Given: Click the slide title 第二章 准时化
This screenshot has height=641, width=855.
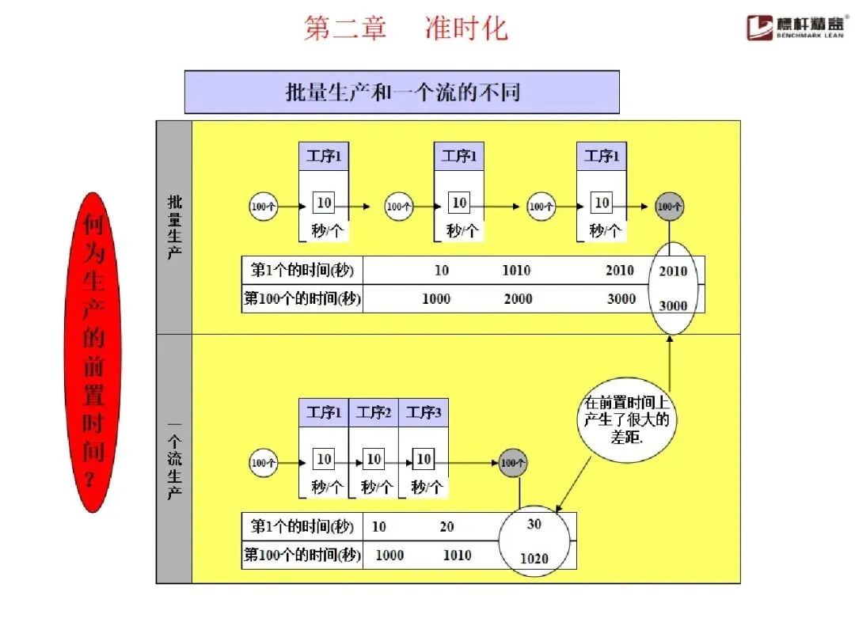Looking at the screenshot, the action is click(x=405, y=28).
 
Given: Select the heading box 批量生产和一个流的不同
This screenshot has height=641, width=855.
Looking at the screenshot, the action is click(x=401, y=92).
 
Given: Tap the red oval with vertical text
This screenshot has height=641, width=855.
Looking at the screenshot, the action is click(x=93, y=351).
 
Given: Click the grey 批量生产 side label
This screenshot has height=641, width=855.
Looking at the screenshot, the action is click(x=174, y=226).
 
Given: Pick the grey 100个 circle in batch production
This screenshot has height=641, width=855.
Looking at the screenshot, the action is click(x=670, y=207).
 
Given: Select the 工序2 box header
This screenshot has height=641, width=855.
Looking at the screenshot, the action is click(x=374, y=412).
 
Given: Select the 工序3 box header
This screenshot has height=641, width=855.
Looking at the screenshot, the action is click(x=424, y=412).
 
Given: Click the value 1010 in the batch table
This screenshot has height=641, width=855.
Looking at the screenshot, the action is click(x=516, y=271).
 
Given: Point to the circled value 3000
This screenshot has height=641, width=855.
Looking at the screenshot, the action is click(x=673, y=306).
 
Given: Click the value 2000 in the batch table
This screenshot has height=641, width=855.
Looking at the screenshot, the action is click(x=519, y=299).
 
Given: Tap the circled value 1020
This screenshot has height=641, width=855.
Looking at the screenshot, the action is click(x=534, y=559).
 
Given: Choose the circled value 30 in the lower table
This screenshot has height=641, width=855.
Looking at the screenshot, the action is click(x=534, y=525).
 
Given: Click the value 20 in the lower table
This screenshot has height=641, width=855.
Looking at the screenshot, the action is click(x=447, y=527).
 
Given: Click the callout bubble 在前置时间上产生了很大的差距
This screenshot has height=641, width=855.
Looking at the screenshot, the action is click(x=626, y=419).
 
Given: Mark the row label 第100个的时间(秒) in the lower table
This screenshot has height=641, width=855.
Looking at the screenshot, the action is click(x=302, y=556).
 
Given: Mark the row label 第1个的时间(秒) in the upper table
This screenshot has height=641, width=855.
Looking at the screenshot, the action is click(x=302, y=271).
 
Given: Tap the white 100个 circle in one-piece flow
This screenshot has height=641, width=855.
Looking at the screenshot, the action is click(x=264, y=463).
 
